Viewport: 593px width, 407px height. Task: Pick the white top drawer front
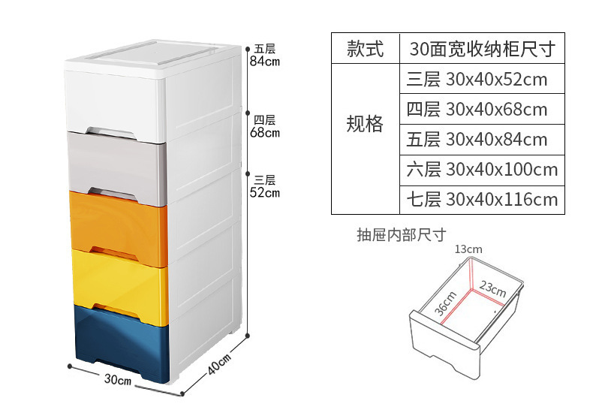[x=116, y=98]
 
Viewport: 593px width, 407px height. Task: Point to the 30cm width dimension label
[x=118, y=381]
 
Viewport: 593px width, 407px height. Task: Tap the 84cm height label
[x=264, y=62]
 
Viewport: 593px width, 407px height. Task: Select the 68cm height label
[x=264, y=134]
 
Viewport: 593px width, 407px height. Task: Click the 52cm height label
[x=264, y=192]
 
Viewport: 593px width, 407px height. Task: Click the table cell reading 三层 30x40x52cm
[x=481, y=79]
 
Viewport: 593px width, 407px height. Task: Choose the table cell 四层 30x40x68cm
[x=481, y=109]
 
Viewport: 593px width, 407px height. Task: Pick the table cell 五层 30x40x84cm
[x=481, y=139]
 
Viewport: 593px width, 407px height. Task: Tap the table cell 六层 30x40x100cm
[x=481, y=169]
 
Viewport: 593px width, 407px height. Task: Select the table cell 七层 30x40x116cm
[x=481, y=199]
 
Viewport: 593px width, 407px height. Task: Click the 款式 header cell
[x=365, y=50]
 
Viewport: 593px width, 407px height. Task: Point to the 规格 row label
[x=365, y=124]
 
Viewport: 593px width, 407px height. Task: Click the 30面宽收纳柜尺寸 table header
[x=481, y=50]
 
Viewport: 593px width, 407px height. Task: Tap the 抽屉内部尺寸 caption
[x=401, y=235]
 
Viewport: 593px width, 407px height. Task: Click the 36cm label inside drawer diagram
[x=446, y=300]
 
